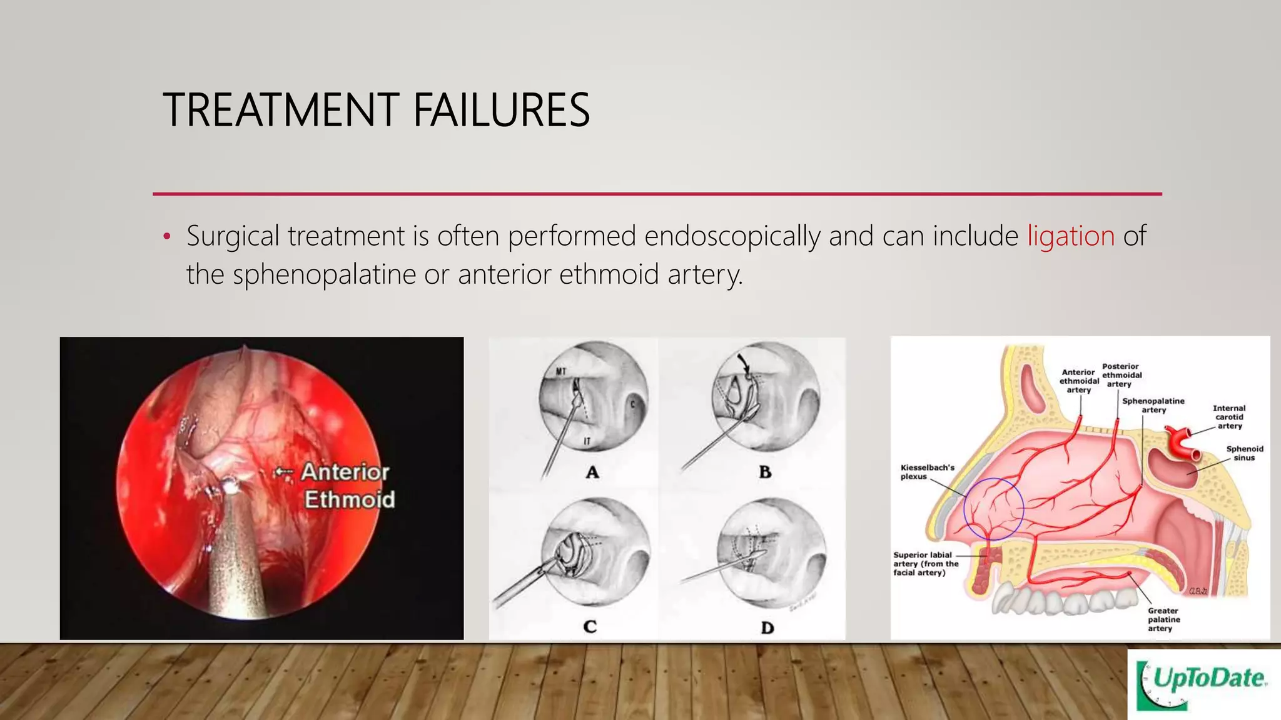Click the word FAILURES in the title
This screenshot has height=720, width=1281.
pyautogui.click(x=501, y=110)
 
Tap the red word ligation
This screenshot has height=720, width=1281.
pyautogui.click(x=1071, y=236)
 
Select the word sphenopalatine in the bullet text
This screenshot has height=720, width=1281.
pyautogui.click(x=324, y=274)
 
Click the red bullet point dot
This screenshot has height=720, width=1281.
pyautogui.click(x=166, y=237)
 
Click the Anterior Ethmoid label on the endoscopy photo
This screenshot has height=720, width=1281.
pyautogui.click(x=347, y=486)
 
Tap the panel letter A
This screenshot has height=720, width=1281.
pyautogui.click(x=592, y=472)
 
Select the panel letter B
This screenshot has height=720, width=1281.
pyautogui.click(x=765, y=472)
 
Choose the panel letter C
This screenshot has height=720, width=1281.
pyautogui.click(x=589, y=626)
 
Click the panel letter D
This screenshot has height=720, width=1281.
pyautogui.click(x=767, y=627)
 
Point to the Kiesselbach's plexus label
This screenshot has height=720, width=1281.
pyautogui.click(x=927, y=472)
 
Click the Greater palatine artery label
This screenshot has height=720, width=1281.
pyautogui.click(x=1163, y=619)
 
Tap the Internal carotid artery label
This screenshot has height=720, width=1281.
pyautogui.click(x=1229, y=417)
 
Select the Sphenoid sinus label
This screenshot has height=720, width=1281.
pyautogui.click(x=1244, y=453)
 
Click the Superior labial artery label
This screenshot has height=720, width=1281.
pyautogui.click(x=925, y=563)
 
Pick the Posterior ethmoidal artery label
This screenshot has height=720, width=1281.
pyautogui.click(x=1121, y=375)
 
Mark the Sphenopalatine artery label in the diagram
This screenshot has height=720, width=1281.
pyautogui.click(x=1153, y=405)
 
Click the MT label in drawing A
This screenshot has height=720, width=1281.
pyautogui.click(x=561, y=371)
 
